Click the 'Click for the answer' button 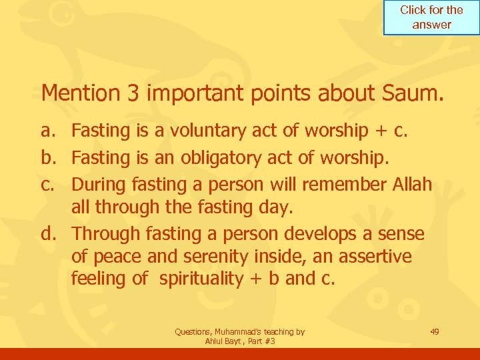[x=431, y=17]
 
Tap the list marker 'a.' [x=51, y=131]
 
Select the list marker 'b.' [x=51, y=157]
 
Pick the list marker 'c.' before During [x=51, y=183]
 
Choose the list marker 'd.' [x=51, y=234]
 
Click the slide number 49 [x=434, y=331]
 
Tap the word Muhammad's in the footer [x=245, y=331]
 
